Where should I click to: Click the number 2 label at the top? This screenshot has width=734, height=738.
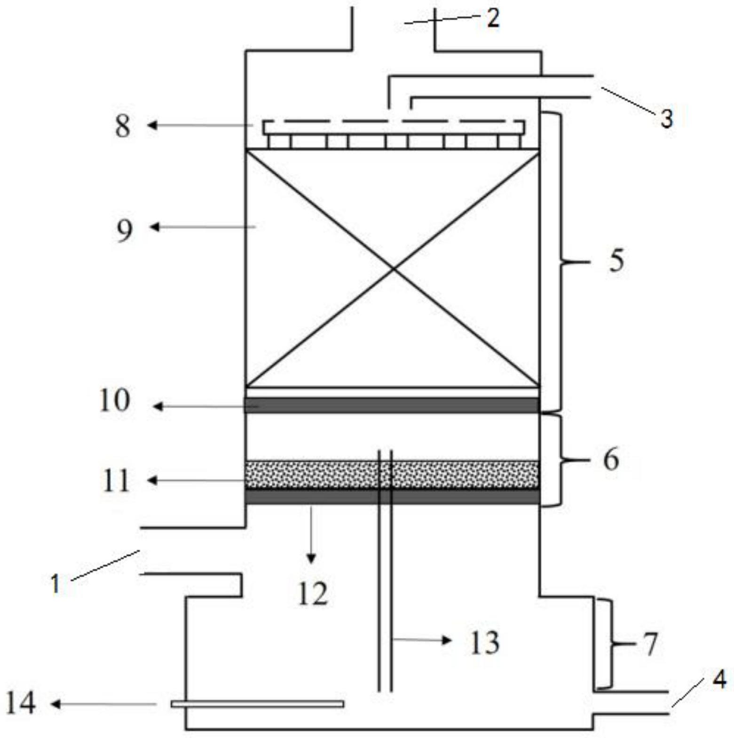pyautogui.click(x=492, y=19)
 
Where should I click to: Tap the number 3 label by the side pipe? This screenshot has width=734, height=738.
pyautogui.click(x=666, y=118)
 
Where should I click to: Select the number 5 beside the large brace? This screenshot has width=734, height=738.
pyautogui.click(x=616, y=260)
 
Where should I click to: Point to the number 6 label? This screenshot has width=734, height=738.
pyautogui.click(x=611, y=459)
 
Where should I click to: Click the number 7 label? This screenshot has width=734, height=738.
pyautogui.click(x=650, y=644)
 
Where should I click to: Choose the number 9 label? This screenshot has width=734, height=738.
pyautogui.click(x=124, y=230)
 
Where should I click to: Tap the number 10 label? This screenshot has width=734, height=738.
pyautogui.click(x=114, y=401)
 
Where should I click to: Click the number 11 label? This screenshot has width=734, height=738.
pyautogui.click(x=115, y=481)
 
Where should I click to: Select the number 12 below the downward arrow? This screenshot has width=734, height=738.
pyautogui.click(x=313, y=594)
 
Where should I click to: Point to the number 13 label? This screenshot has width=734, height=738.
pyautogui.click(x=485, y=643)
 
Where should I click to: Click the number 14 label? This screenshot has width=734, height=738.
pyautogui.click(x=21, y=704)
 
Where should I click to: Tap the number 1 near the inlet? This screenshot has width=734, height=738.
pyautogui.click(x=55, y=584)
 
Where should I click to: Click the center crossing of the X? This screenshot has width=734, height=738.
pyautogui.click(x=393, y=268)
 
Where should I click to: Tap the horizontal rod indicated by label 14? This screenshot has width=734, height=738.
pyautogui.click(x=257, y=704)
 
